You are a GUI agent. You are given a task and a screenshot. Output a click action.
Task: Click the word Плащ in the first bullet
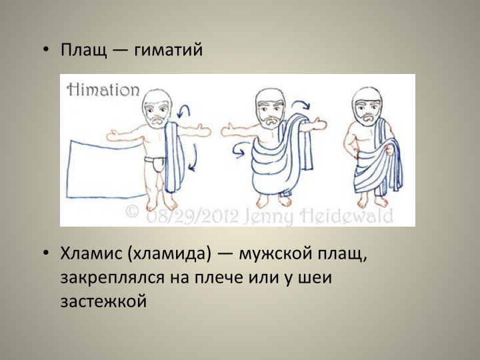(x=84, y=50)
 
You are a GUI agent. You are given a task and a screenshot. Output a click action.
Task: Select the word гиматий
(x=169, y=50)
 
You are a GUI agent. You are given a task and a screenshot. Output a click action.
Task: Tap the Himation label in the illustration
(x=103, y=89)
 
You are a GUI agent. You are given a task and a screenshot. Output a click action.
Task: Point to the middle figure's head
(x=270, y=108)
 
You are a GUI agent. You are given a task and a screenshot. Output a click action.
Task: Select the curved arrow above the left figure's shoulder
(x=184, y=111)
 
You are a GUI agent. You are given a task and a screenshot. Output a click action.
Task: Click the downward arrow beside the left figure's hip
(x=193, y=157)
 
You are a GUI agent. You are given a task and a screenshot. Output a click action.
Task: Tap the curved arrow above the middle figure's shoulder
(x=301, y=105)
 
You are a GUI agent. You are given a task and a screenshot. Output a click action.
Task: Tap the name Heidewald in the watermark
(x=346, y=216)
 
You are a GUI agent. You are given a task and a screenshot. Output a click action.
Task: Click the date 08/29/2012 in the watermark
(x=192, y=216)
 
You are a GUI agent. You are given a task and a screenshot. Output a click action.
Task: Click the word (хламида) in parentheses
(x=169, y=254)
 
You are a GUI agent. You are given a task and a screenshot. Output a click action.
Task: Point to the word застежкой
(x=103, y=301)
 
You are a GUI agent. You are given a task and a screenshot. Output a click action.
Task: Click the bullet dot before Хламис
(x=46, y=254)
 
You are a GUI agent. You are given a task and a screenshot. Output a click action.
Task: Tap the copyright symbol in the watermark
(x=133, y=212)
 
